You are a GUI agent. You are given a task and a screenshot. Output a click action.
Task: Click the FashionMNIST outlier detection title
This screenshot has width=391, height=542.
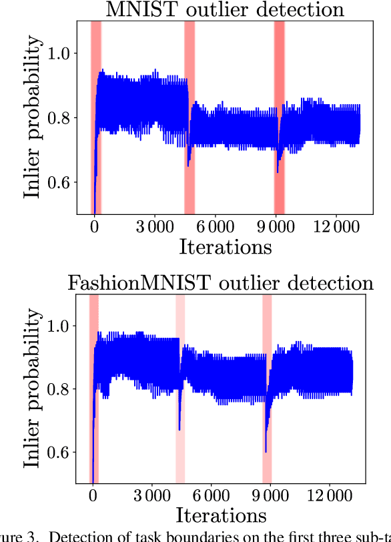click(x=221, y=282)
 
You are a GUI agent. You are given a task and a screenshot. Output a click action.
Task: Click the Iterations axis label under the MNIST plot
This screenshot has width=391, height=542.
click(x=226, y=246)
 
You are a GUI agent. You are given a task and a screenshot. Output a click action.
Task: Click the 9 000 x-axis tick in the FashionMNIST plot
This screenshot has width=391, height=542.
click(x=267, y=497)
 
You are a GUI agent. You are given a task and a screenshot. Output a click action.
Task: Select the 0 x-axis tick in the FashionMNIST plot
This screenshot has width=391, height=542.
click(x=92, y=497)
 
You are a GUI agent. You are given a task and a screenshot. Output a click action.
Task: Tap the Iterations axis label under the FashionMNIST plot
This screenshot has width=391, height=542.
click(x=221, y=515)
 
